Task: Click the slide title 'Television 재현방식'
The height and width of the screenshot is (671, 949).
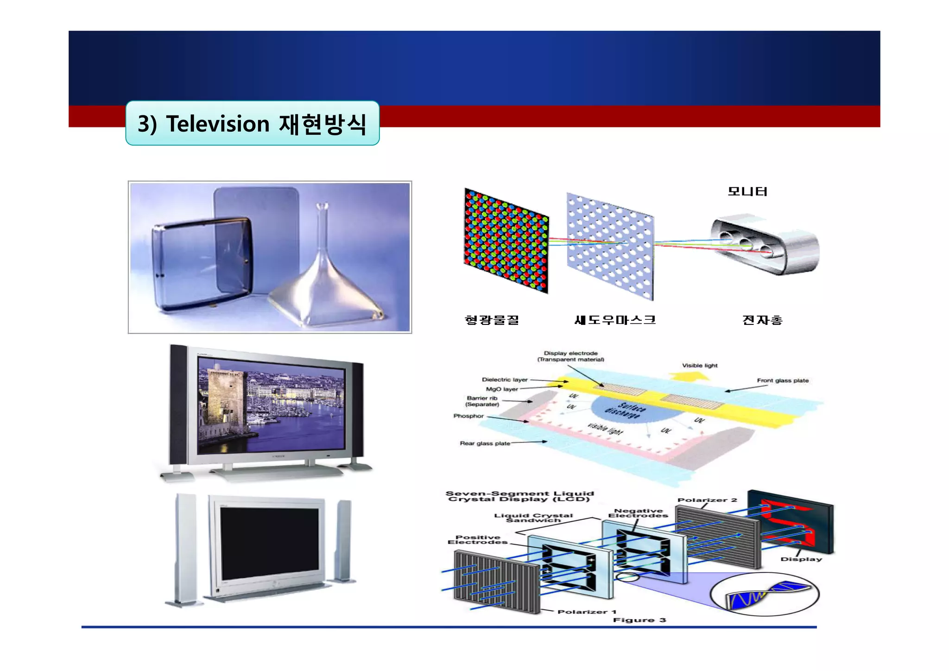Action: [252, 124]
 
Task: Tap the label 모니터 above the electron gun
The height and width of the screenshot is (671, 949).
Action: [747, 191]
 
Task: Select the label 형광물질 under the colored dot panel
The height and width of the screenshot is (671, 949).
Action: [492, 320]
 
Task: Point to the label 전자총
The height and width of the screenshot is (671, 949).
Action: [762, 320]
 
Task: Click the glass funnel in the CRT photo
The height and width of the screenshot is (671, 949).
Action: [324, 278]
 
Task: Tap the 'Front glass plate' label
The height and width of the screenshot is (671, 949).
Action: [783, 380]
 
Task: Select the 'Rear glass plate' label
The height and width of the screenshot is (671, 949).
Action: [485, 443]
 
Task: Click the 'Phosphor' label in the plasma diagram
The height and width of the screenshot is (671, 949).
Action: [468, 416]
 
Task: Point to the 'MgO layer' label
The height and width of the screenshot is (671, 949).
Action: [502, 389]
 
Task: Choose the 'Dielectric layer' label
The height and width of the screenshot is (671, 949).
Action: [505, 380]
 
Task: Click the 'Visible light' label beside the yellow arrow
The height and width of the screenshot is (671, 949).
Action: [700, 366]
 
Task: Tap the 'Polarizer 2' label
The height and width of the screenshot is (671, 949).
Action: [707, 500]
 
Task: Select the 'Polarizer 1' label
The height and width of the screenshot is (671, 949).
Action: [587, 612]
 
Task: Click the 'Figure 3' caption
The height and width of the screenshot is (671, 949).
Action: [639, 620]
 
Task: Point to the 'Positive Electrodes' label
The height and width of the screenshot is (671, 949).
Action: [478, 540]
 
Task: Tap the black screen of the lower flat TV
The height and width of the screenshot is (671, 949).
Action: [269, 544]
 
